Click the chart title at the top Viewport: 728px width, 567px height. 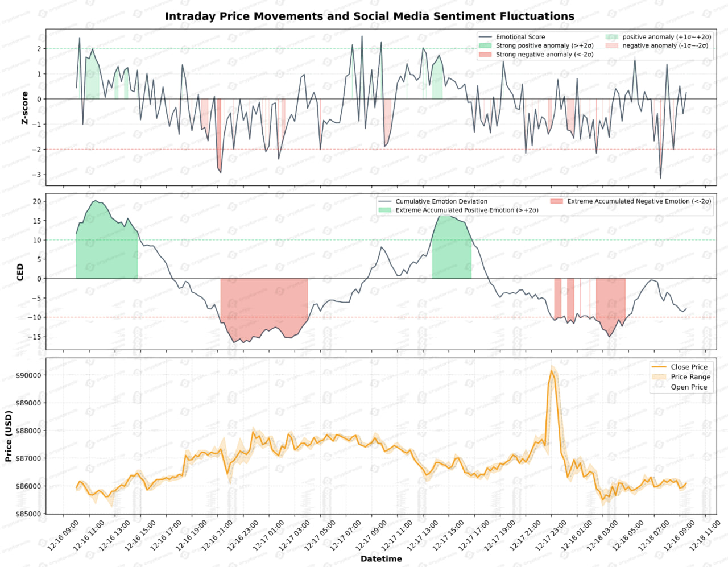[369, 16]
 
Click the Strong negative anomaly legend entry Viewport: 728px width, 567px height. [544, 55]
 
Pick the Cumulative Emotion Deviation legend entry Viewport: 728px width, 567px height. [441, 201]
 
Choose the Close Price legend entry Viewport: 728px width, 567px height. [689, 367]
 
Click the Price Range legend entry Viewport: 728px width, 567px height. [690, 377]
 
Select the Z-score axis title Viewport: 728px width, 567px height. [24, 107]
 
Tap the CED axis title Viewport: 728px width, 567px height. [20, 272]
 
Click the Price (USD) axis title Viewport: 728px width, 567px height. [9, 436]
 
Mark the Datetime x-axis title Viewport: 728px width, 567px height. [381, 559]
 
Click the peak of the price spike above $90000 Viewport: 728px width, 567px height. [552, 371]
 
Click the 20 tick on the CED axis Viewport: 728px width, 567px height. [36, 201]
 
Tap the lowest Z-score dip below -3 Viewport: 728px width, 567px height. [660, 179]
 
